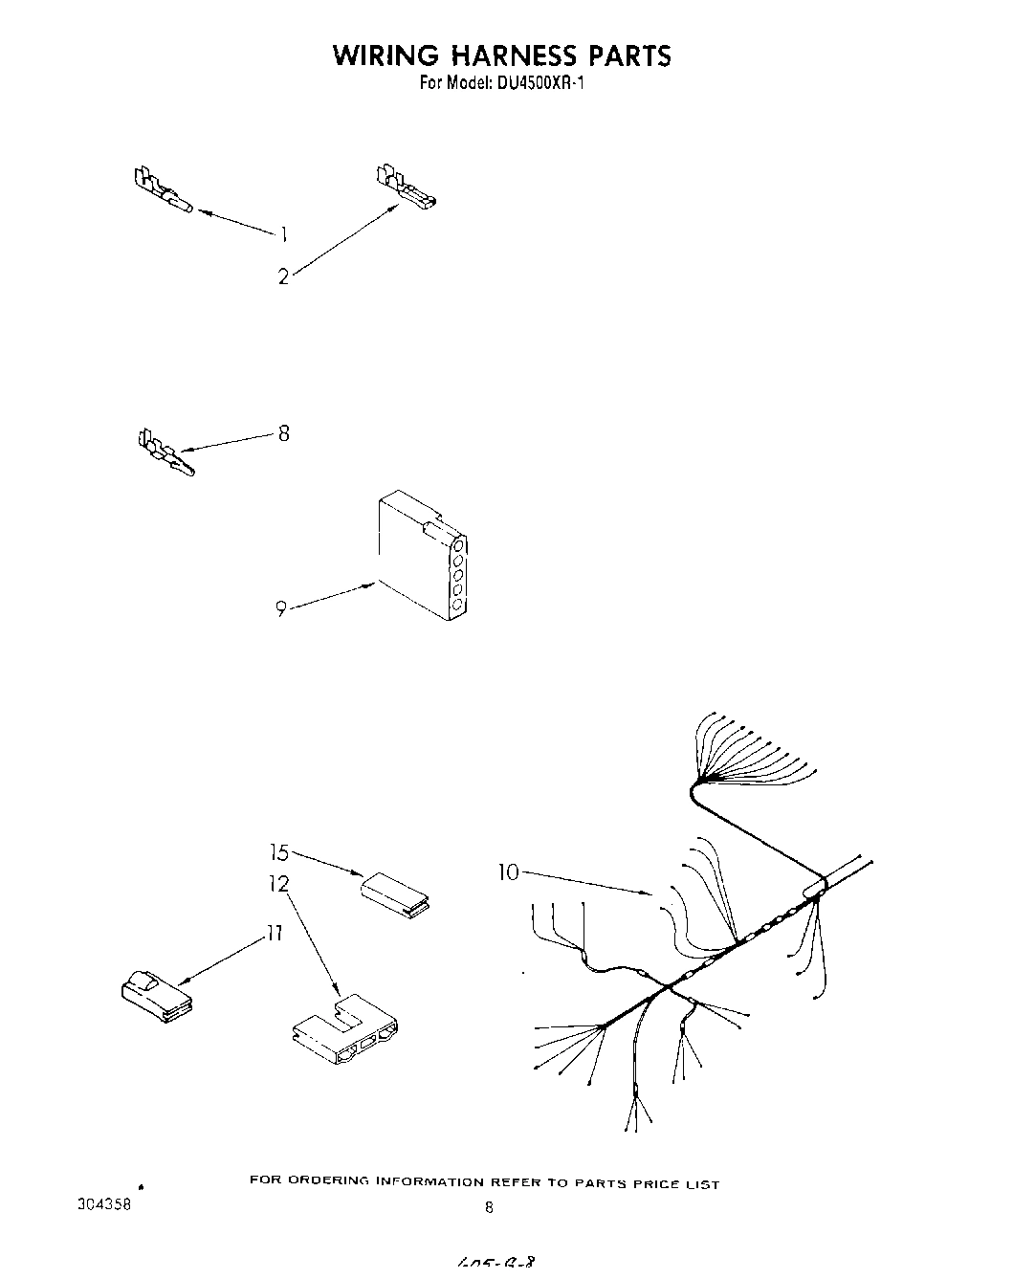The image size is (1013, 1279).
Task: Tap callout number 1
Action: (x=283, y=233)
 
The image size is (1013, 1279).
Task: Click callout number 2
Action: (x=283, y=277)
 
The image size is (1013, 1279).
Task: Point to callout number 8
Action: (x=283, y=433)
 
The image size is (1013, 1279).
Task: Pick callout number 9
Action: (x=281, y=608)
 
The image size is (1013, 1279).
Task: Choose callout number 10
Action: (x=508, y=872)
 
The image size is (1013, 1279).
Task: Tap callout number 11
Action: (x=275, y=934)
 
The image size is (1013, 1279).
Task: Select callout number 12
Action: (x=278, y=885)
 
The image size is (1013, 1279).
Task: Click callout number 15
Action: (x=278, y=851)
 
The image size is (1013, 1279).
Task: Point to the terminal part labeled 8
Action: (x=164, y=452)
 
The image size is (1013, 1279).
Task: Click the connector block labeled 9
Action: (x=421, y=556)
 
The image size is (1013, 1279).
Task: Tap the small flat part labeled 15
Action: (x=394, y=891)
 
